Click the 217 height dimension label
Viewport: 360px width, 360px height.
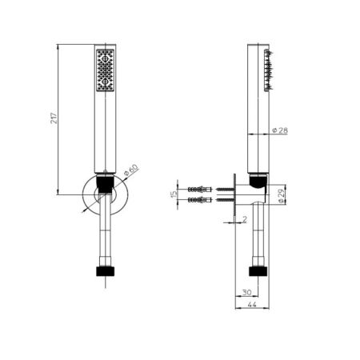tap(54, 118)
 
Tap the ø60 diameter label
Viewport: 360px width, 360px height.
tap(131, 170)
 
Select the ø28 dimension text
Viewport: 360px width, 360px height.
tap(280, 130)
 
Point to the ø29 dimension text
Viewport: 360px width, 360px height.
tap(282, 196)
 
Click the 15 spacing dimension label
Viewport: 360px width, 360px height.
tap(174, 194)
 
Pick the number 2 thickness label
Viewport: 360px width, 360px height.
tap(245, 219)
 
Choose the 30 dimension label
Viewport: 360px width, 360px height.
tap(246, 292)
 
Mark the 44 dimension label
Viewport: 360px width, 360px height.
tap(252, 304)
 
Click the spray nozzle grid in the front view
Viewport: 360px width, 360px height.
tap(105, 70)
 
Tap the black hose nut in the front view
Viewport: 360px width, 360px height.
tap(105, 271)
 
